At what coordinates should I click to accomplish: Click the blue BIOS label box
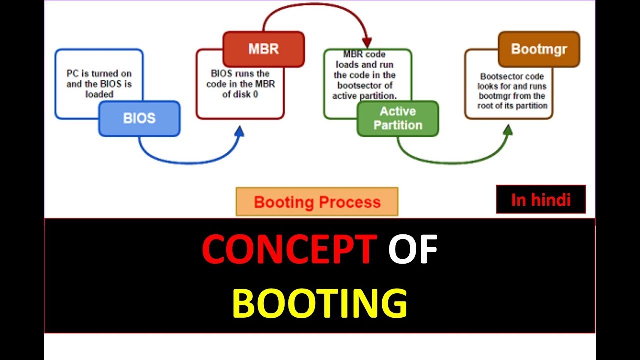point(139,119)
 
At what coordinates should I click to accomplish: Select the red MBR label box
point(263,49)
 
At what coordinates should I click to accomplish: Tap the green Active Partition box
point(398,118)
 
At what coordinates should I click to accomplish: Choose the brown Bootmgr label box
point(539,49)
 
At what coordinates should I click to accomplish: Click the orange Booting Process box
point(317,202)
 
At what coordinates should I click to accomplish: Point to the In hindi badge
point(541,199)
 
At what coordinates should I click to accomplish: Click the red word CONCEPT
point(289,250)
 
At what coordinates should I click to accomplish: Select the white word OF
point(413,250)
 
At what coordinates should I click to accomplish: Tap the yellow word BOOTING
point(320,304)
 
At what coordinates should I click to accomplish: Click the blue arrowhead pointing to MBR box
point(239,131)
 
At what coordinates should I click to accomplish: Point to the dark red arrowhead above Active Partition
point(367,42)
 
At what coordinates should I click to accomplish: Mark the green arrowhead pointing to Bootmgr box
point(508,131)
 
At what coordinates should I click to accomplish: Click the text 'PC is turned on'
point(99,74)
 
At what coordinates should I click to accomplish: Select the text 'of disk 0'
point(240,94)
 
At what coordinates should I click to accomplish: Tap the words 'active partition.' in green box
point(365,96)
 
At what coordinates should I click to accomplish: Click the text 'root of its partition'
point(512,105)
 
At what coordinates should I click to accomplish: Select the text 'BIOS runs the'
point(240,74)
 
